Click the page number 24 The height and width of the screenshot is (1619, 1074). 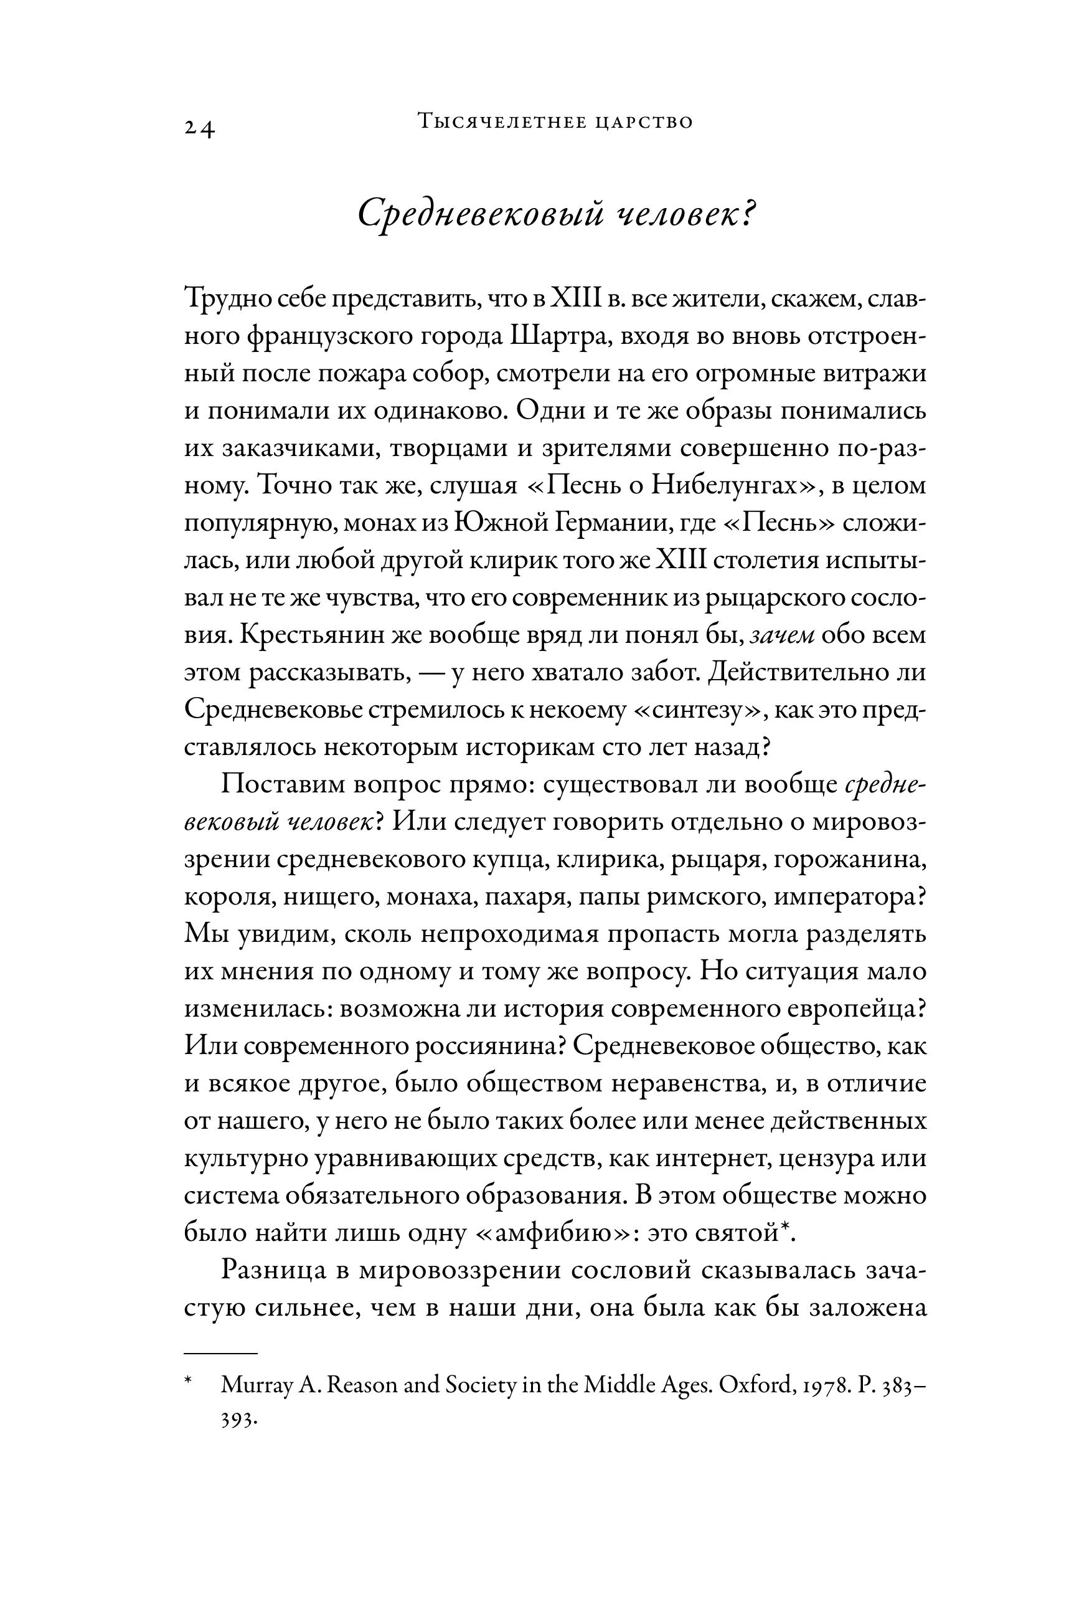[199, 128]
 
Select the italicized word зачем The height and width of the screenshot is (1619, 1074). [781, 635]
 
